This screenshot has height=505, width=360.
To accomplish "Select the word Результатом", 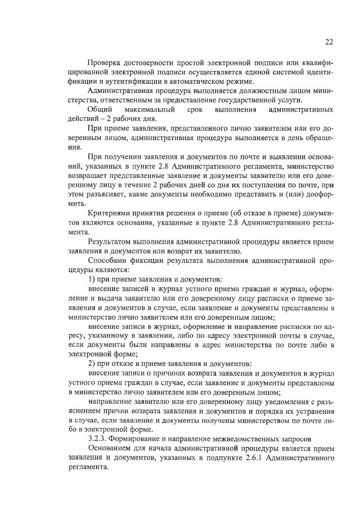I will (111, 241).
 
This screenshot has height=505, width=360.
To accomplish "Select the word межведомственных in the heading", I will (226, 439).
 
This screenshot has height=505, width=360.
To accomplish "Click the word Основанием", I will (110, 448).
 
